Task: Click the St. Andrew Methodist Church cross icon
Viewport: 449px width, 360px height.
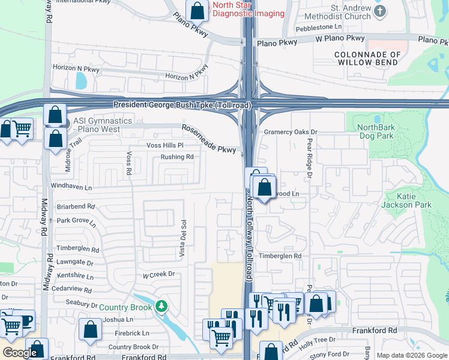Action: [x=379, y=11]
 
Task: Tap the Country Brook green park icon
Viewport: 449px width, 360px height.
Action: [x=161, y=307]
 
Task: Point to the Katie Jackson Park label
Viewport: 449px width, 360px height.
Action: [x=406, y=200]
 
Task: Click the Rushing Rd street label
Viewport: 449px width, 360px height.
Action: [x=176, y=157]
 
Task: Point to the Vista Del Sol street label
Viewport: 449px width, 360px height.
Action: [x=183, y=239]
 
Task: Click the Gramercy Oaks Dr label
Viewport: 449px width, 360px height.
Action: [x=290, y=131]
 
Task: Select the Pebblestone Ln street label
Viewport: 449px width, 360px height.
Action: [x=318, y=28]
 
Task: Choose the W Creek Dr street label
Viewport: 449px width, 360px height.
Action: [x=158, y=274]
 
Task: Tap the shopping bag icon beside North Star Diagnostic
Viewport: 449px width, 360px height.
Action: [x=196, y=10]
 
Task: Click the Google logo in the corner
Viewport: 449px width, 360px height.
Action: [x=20, y=353]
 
